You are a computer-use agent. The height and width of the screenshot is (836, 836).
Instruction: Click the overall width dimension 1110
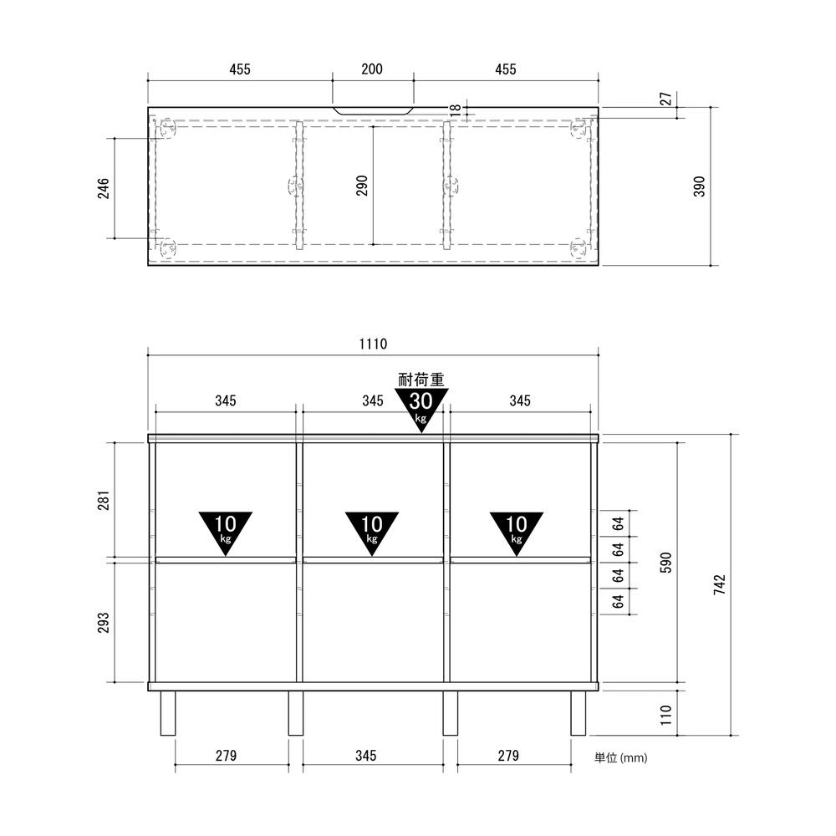click(373, 344)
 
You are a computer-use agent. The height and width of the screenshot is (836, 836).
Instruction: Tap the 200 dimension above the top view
click(372, 69)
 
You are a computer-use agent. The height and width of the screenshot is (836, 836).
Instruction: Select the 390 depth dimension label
click(699, 186)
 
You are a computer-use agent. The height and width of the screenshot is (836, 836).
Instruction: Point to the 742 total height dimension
click(719, 585)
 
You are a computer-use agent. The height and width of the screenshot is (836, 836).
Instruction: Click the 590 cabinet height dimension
click(666, 563)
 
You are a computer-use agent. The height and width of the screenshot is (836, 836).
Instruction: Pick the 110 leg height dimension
click(665, 715)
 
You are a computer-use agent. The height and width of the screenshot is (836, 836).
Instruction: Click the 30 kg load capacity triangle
click(421, 409)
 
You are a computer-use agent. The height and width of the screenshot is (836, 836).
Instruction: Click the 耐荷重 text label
click(421, 380)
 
